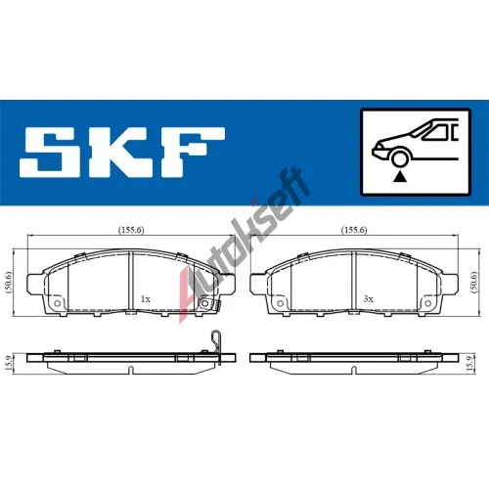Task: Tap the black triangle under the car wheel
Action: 399,177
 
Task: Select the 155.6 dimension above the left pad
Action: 131,230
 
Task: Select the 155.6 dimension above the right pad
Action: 354,230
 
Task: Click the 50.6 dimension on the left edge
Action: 9,283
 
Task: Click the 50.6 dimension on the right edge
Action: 474,283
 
